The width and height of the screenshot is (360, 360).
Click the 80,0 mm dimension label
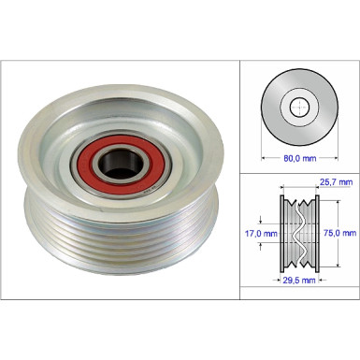tap(299, 159)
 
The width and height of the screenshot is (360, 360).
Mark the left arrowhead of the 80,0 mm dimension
tap(264, 149)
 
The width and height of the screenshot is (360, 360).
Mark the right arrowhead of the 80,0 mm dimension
tap(335, 149)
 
